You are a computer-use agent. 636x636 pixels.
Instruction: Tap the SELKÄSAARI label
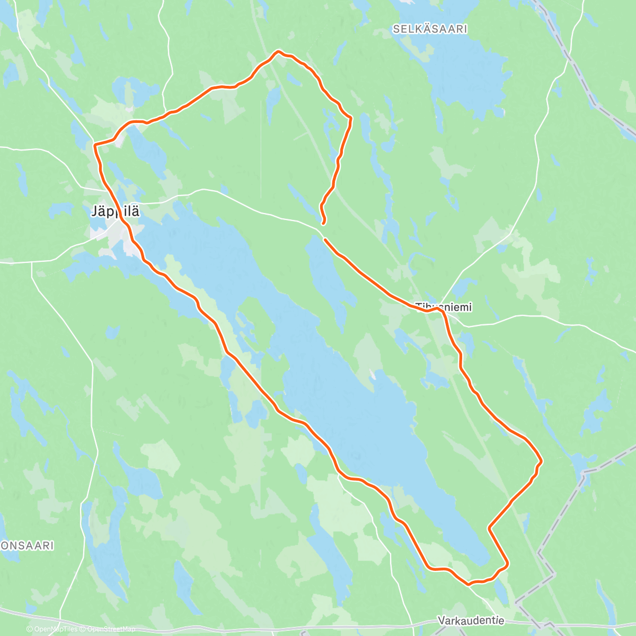tap(430, 29)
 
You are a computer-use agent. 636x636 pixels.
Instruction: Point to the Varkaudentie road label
tap(471, 620)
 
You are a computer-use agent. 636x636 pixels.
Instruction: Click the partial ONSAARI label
tap(27, 545)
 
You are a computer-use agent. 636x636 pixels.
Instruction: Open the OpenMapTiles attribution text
tap(56, 629)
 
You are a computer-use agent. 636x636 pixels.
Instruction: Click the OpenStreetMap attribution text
tap(111, 629)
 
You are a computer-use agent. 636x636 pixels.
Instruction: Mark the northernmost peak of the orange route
tap(277, 51)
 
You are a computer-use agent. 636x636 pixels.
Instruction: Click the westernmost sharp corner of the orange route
tap(94, 144)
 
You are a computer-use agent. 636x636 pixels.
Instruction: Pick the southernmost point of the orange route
tap(469, 585)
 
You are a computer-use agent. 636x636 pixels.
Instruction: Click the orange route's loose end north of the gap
tap(323, 224)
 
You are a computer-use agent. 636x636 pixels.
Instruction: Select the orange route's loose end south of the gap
tap(325, 240)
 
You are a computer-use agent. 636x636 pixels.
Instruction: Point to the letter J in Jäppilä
tap(94, 212)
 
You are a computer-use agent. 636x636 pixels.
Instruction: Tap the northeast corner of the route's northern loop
tap(350, 118)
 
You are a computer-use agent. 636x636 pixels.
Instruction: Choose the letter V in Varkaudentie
tap(441, 620)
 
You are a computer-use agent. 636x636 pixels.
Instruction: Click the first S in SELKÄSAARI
tap(396, 29)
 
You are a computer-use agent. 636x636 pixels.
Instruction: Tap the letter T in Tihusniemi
tap(418, 307)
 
